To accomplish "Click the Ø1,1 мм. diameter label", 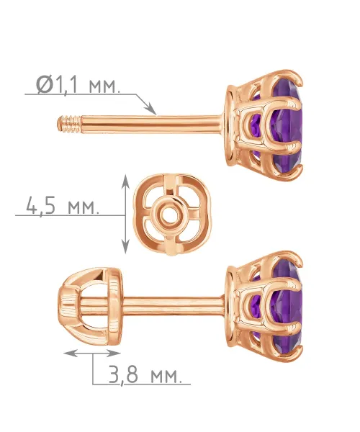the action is (78, 85).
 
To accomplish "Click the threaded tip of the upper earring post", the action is (69, 125).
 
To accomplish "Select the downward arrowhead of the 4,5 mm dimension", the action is (125, 246).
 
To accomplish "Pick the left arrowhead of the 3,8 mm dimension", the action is (71, 354).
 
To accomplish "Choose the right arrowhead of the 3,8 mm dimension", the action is (113, 354).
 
